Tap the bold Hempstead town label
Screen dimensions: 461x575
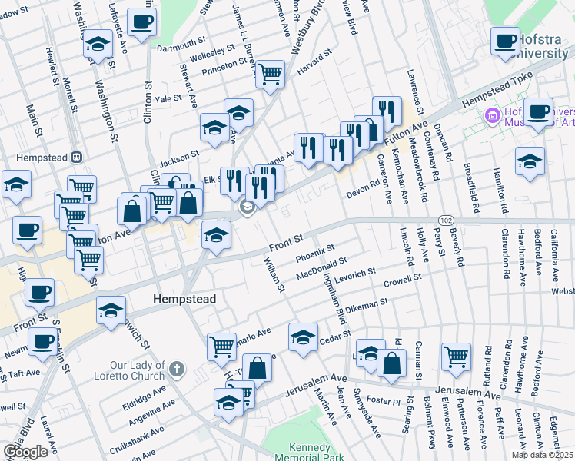184,298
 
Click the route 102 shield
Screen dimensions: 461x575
447,221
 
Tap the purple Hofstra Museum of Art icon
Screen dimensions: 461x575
490,117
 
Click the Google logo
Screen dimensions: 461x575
25,452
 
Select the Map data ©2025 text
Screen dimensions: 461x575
543,455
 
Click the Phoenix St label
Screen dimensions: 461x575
315,252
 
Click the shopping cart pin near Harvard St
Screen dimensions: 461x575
270,75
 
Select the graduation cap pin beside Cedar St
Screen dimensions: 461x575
304,337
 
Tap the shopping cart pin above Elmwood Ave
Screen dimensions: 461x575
456,357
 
